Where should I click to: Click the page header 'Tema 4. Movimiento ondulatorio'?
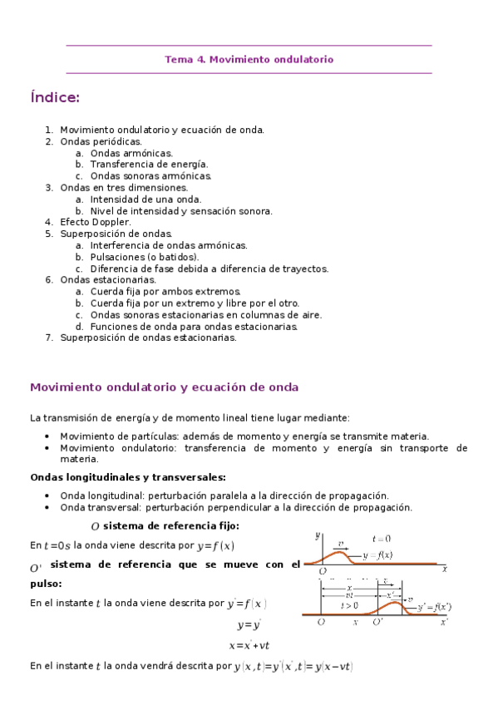point(249,60)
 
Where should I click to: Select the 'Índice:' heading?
point(55,98)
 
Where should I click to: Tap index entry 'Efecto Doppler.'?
point(96,223)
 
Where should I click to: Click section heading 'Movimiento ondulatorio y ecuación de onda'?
point(164,388)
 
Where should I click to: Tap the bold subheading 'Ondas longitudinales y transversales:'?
point(128,477)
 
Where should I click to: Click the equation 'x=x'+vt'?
point(249,646)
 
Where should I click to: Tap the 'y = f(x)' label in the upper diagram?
point(382,555)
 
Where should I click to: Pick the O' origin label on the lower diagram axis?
point(377,622)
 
